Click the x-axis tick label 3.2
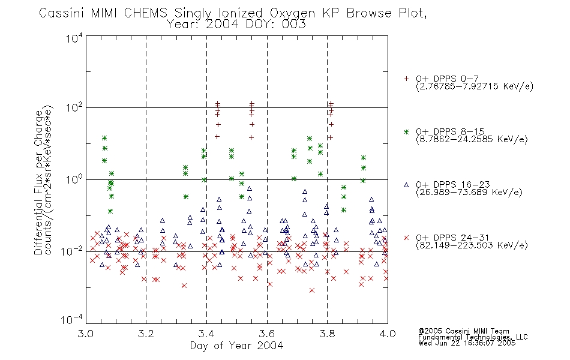[146, 334]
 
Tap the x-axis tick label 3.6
[267, 334]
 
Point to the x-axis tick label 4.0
[388, 334]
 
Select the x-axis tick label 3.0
[85, 334]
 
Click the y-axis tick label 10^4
[74, 38]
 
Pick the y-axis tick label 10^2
[74, 108]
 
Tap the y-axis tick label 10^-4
[72, 320]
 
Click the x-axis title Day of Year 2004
[236, 346]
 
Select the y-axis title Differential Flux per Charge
[38, 182]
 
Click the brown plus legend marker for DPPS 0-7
[406, 79]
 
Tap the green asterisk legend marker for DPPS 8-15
[406, 132]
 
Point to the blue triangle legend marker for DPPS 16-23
[406, 185]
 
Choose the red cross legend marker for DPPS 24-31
[406, 238]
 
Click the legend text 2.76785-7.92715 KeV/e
[475, 86]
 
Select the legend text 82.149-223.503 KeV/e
[472, 245]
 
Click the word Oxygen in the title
[293, 13]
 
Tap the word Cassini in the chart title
[61, 13]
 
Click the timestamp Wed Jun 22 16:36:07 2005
[467, 343]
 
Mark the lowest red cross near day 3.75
[311, 290]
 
